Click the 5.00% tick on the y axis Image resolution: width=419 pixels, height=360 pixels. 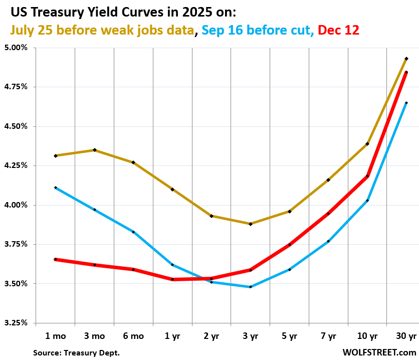click(x=17, y=48)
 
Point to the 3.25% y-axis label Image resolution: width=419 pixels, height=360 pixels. click(x=17, y=323)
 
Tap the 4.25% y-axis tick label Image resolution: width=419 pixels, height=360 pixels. click(x=17, y=165)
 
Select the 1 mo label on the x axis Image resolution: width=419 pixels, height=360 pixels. click(x=55, y=336)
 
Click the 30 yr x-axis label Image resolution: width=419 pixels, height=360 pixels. click(x=406, y=336)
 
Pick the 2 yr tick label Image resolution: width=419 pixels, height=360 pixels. click(x=211, y=336)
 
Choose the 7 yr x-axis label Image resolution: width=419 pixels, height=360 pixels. click(x=328, y=336)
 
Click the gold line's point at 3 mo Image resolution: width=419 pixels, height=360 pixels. click(x=94, y=150)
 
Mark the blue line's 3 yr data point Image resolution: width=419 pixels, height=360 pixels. click(x=250, y=287)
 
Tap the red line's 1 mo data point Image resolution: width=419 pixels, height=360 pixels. click(x=55, y=259)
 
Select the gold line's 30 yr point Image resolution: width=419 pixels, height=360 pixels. click(x=406, y=59)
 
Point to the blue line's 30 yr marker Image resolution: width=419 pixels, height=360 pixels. click(x=406, y=103)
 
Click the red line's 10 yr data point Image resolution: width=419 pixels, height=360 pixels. click(x=367, y=176)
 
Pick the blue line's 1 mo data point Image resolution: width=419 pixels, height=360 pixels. click(x=55, y=188)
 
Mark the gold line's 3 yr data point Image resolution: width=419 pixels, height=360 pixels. click(x=250, y=224)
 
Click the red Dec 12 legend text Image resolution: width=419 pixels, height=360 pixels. click(x=339, y=30)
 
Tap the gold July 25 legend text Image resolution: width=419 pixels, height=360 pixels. click(x=102, y=30)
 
